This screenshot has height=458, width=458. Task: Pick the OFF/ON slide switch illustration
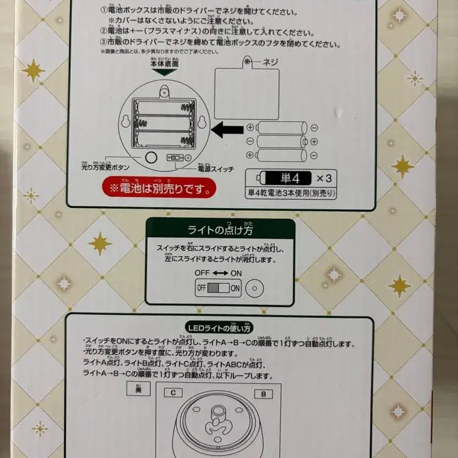(218, 288)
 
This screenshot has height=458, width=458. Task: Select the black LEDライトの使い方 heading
(219, 327)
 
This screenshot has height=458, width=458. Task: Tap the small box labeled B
(262, 392)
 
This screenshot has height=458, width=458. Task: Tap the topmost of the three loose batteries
(282, 127)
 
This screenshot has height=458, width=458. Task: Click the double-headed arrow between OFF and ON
(219, 273)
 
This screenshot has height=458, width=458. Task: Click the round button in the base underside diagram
(151, 158)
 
